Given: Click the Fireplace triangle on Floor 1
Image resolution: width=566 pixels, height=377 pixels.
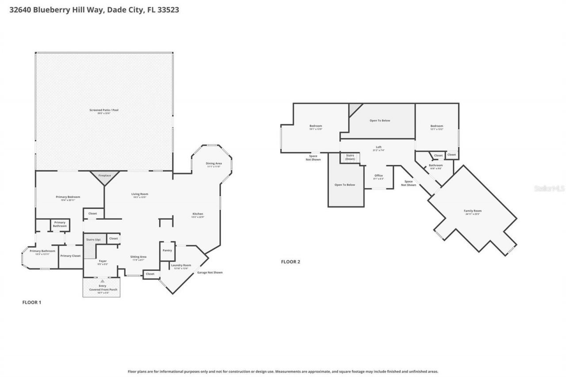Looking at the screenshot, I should [104, 177].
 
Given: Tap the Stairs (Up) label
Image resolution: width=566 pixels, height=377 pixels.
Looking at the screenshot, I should [93, 240].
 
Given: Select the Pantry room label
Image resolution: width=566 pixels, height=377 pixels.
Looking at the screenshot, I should [167, 250].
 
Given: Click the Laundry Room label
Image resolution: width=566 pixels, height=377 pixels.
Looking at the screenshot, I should [181, 265].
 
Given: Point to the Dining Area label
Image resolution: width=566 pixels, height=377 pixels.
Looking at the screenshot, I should [214, 164].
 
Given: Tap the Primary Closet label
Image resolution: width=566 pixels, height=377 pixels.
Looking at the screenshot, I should [70, 256].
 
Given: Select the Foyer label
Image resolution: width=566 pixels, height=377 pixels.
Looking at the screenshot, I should [103, 261].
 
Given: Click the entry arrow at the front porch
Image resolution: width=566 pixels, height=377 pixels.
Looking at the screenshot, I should [103, 281].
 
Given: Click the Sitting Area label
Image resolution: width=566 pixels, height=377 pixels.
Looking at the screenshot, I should [138, 257].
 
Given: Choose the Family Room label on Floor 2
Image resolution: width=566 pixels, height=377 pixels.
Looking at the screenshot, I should [472, 211].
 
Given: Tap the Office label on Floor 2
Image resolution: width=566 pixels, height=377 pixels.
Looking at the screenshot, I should [378, 175].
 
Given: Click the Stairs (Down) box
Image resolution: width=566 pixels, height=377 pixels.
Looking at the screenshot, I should [350, 157].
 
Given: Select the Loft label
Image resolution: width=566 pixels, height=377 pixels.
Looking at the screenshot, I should [378, 147].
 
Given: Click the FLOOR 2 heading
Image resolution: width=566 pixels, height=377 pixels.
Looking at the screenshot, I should [291, 262].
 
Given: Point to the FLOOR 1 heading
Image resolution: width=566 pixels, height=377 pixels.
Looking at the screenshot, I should [32, 302].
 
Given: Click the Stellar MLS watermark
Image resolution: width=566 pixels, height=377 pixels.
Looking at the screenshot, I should [549, 188].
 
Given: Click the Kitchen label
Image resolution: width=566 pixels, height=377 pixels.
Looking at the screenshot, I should [197, 214].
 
